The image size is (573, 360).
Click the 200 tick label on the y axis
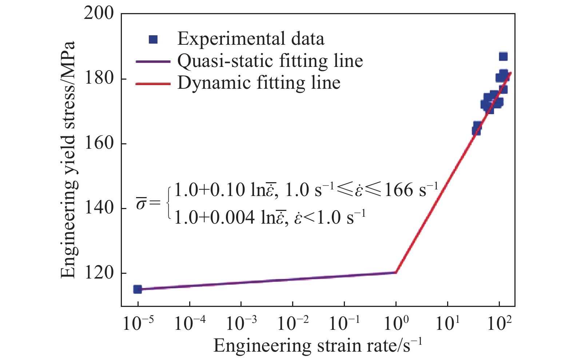click(99, 13)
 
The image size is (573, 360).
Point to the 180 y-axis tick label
click(99, 79)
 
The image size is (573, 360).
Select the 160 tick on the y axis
click(99, 143)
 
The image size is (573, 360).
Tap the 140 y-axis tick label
click(99, 208)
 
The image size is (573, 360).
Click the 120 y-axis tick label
click(99, 273)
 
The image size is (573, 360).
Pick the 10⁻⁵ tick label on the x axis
click(138, 323)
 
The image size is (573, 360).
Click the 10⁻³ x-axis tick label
click(241, 323)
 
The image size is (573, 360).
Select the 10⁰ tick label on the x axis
click(396, 323)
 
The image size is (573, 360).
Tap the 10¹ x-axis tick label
click(447, 323)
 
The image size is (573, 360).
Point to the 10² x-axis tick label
click(499, 323)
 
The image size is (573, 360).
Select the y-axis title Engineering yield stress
click(68, 160)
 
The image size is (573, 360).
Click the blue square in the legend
click(154, 39)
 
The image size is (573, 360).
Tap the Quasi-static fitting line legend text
click(270, 61)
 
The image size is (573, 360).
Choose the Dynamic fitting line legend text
click(259, 83)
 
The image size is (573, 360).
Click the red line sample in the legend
click(153, 84)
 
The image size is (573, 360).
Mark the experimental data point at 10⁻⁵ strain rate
click(138, 289)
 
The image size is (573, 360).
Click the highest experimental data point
click(503, 56)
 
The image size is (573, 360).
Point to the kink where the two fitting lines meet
click(396, 272)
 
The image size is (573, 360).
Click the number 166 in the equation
click(399, 190)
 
